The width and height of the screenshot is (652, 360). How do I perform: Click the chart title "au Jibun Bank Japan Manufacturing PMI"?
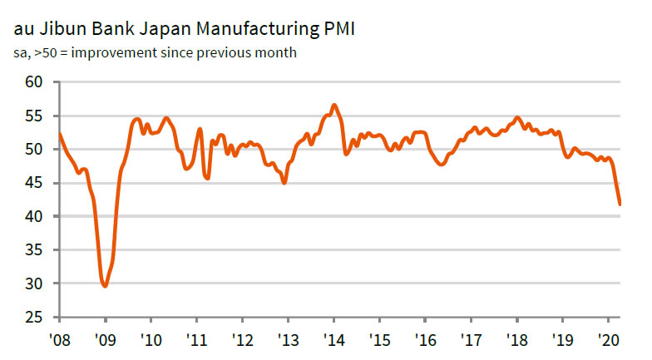(x=185, y=30)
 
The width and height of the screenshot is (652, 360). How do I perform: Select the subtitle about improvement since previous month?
(x=155, y=53)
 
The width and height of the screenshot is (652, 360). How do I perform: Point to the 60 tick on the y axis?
(x=33, y=82)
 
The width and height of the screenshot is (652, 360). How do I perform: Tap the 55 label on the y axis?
(x=33, y=116)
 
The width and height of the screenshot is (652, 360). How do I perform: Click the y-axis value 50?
(x=33, y=150)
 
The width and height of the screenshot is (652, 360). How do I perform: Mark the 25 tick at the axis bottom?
(x=33, y=318)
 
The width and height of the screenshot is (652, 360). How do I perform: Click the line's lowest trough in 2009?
(x=105, y=286)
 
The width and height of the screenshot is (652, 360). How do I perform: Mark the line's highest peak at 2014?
(x=333, y=105)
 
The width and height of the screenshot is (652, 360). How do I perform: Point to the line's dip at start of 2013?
(x=285, y=182)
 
